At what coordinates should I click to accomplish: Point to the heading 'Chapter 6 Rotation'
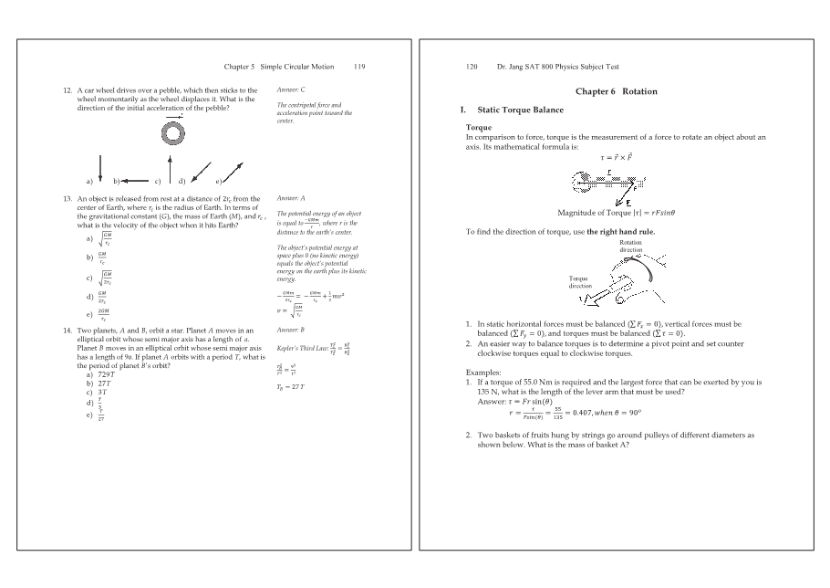tap(616, 91)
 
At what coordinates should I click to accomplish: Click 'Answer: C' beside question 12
tap(290, 89)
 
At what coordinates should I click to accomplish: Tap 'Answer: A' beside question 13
tap(290, 197)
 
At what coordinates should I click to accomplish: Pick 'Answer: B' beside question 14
tap(290, 328)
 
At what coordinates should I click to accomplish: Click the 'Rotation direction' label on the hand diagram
tap(630, 246)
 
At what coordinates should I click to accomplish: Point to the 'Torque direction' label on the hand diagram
tap(583, 280)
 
